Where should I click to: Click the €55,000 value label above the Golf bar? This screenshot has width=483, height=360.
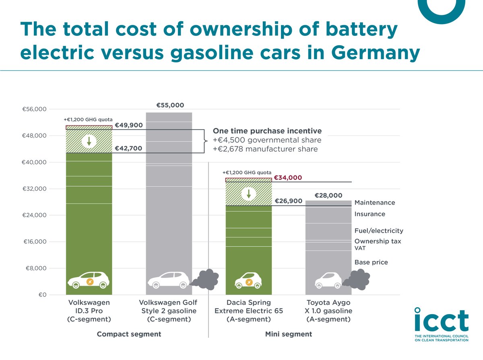coord(170,105)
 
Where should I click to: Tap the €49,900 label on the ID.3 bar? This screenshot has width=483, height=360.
coord(128,125)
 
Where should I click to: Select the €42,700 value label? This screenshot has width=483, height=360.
coord(128,148)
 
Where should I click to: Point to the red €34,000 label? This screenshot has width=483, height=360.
coord(288,178)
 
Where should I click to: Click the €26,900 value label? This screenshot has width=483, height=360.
coord(289,201)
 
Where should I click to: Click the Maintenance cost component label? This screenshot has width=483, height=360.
coord(374,203)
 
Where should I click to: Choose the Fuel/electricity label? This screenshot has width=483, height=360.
coord(378,231)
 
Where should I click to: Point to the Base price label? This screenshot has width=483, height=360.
coord(371,262)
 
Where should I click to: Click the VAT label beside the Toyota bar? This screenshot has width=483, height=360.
coord(360,249)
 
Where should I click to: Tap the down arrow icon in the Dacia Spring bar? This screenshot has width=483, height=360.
coord(249,194)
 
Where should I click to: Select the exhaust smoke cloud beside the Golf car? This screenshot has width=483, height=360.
coord(206,279)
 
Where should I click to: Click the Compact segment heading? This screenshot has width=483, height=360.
coord(129,334)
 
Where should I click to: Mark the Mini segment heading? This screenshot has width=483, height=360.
coord(288,334)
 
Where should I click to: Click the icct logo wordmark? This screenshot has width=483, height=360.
coord(441,321)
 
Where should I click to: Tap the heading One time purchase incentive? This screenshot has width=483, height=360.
coord(267,131)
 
